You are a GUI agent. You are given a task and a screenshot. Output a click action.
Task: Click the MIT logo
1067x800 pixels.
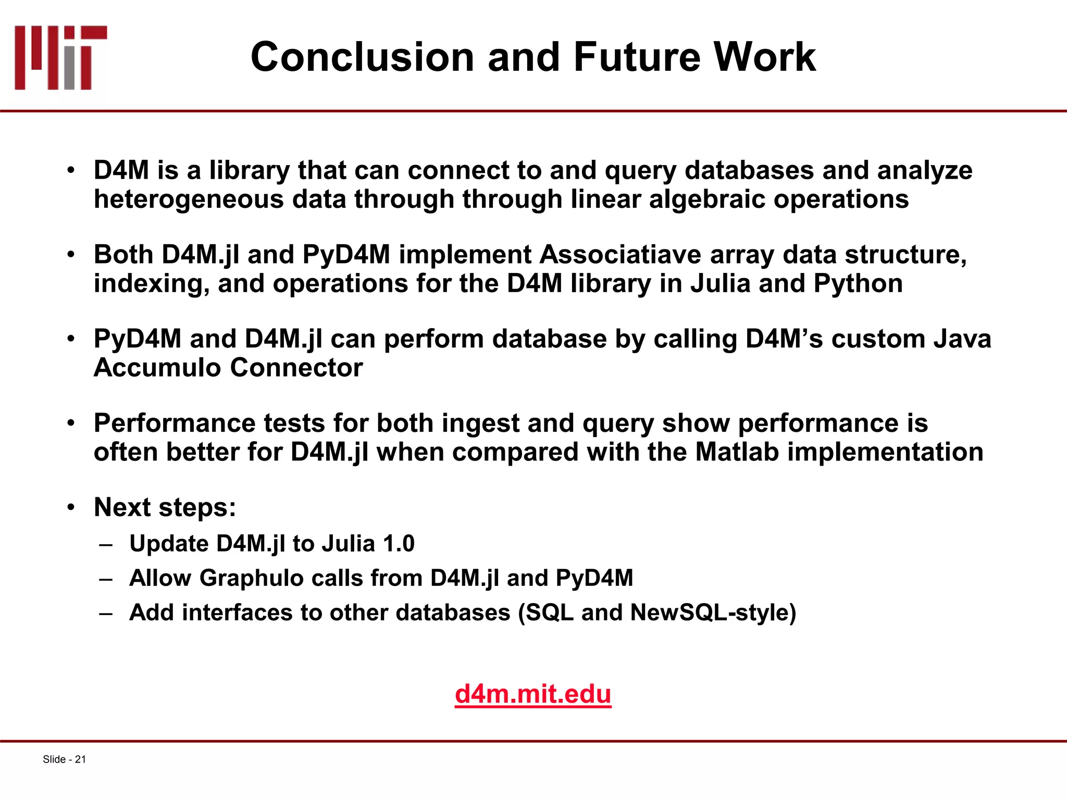coord(60,57)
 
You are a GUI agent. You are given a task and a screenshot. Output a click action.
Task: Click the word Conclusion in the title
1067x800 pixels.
coord(362,57)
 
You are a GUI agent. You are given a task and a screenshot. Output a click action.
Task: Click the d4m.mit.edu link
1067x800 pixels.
coord(532,694)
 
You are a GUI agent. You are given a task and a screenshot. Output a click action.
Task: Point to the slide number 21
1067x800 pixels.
coord(80,759)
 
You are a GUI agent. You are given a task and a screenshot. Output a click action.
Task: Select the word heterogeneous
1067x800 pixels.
coord(189,199)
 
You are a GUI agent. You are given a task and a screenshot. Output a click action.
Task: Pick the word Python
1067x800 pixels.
coord(858,284)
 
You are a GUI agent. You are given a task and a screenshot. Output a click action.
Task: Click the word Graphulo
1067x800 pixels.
coord(252,578)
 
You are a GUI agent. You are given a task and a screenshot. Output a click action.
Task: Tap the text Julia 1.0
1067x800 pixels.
coord(368,544)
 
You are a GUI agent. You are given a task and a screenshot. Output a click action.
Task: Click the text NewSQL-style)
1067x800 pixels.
coord(713,612)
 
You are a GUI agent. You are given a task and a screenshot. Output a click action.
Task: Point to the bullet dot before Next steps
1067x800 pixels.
coord(71,508)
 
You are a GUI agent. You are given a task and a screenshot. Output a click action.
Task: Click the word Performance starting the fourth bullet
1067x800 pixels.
coord(175,423)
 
